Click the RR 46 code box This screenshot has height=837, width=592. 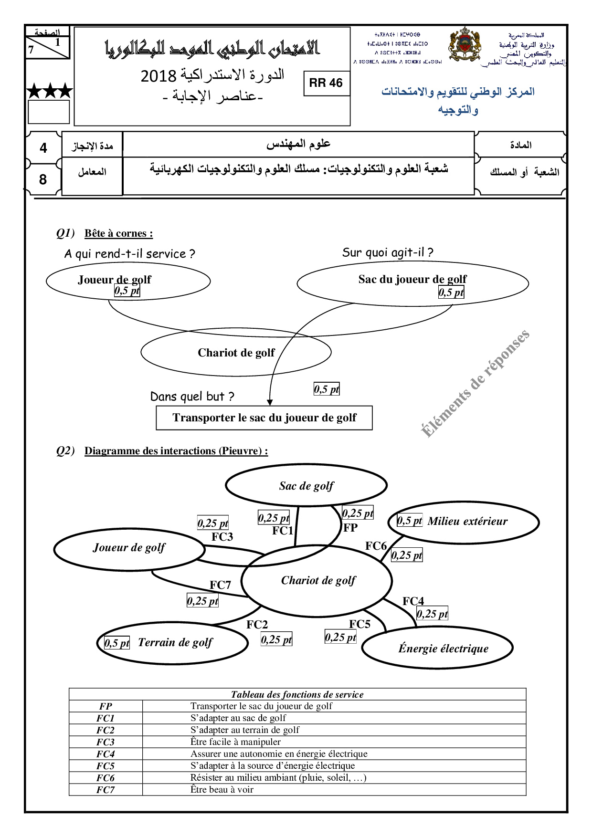click(327, 83)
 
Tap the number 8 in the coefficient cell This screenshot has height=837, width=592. click(43, 179)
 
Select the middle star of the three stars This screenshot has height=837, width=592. click(50, 91)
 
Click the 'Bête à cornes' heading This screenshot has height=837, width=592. click(118, 233)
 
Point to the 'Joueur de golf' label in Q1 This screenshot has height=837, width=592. click(115, 279)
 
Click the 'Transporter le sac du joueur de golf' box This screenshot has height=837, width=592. click(264, 418)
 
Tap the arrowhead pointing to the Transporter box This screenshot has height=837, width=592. click(270, 402)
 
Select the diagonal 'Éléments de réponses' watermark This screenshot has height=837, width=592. click(475, 383)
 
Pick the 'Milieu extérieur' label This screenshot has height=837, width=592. click(467, 521)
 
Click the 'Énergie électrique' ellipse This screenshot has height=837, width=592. click(443, 649)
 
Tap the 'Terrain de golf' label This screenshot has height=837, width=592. click(175, 642)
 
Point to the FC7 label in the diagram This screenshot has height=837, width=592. click(220, 585)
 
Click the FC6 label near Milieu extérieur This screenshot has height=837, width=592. click(376, 546)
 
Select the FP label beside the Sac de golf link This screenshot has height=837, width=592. click(350, 528)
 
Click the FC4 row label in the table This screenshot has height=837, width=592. click(106, 754)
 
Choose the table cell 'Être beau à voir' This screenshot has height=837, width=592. click(222, 790)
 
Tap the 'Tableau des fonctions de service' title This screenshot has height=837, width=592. click(297, 694)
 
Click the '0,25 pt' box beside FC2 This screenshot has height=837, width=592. click(276, 639)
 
